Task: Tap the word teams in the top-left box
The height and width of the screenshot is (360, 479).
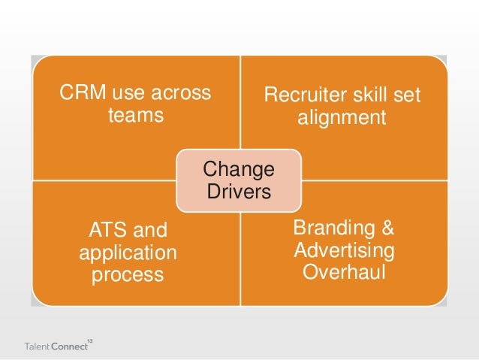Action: [136, 116]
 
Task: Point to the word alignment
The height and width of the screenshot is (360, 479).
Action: [342, 119]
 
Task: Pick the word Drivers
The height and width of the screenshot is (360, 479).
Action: [238, 192]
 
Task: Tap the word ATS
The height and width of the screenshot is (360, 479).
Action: [107, 229]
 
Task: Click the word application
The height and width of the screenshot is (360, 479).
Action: [128, 252]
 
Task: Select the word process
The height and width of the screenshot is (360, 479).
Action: [128, 274]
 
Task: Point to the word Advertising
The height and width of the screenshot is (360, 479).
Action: [344, 248]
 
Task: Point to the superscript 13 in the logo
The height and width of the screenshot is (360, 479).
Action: [89, 340]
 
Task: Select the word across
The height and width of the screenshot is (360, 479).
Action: [180, 94]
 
